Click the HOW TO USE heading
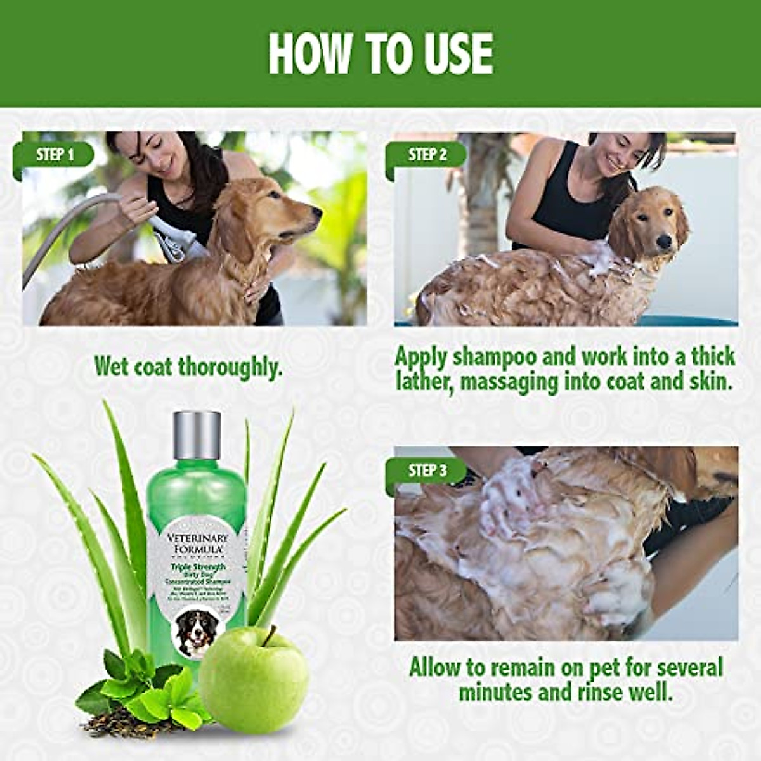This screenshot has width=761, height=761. (380, 54)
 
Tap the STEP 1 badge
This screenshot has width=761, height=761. (56, 155)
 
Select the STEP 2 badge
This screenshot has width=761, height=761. (427, 155)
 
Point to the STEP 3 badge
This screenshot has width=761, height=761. (427, 471)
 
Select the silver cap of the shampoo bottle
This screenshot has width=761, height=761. (197, 435)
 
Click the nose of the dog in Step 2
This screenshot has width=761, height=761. (663, 242)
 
